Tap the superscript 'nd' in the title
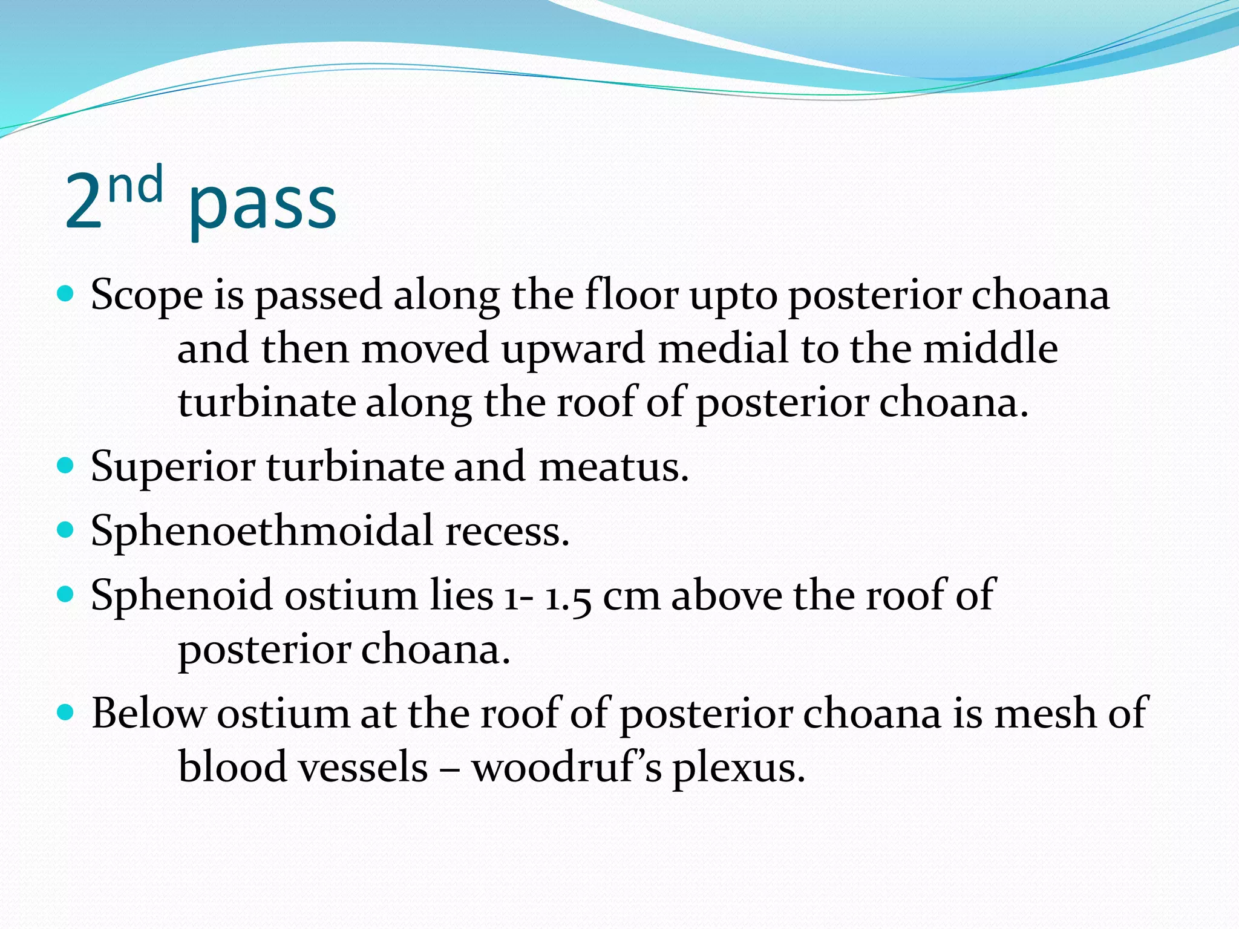[x=136, y=185]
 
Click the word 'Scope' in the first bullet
[x=146, y=296]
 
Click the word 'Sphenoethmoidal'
[x=262, y=531]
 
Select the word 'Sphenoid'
[x=181, y=596]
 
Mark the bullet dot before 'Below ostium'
[x=65, y=712]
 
